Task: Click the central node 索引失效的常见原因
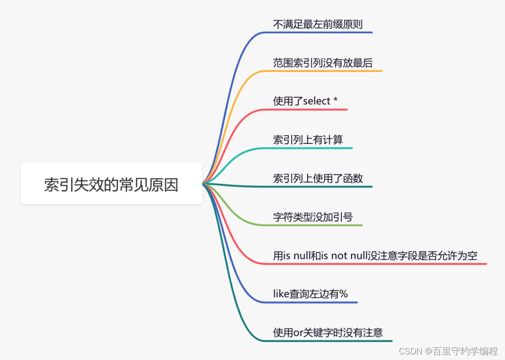pyautogui.click(x=111, y=184)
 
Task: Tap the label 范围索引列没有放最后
pyautogui.click(x=323, y=63)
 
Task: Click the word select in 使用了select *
pyautogui.click(x=317, y=101)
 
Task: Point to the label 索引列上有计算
pyautogui.click(x=308, y=140)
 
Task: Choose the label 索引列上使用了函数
pyautogui.click(x=318, y=178)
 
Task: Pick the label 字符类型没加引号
pyautogui.click(x=313, y=217)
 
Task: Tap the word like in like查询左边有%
pyautogui.click(x=281, y=294)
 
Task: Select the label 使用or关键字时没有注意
pyautogui.click(x=328, y=332)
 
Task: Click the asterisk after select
pyautogui.click(x=335, y=101)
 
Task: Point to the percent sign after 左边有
pyautogui.click(x=344, y=294)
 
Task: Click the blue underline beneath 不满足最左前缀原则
pyautogui.click(x=327, y=32)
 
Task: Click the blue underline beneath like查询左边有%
pyautogui.click(x=318, y=302)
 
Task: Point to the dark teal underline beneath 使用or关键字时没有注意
pyautogui.click(x=337, y=341)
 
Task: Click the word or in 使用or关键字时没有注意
pyautogui.click(x=297, y=333)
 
